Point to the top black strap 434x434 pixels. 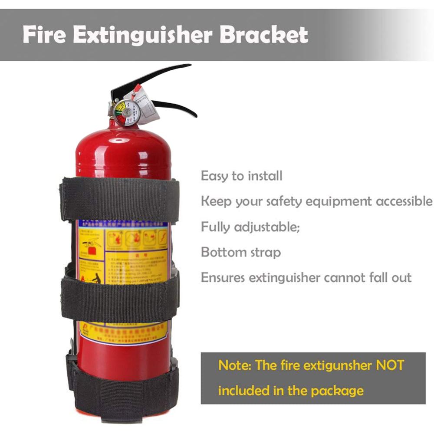(119, 200)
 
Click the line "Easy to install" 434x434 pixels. (241, 176)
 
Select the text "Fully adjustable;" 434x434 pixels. (250, 227)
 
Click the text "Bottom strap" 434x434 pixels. (240, 253)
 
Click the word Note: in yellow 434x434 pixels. (235, 365)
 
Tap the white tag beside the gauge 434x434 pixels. (148, 106)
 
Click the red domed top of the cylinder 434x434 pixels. (123, 148)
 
